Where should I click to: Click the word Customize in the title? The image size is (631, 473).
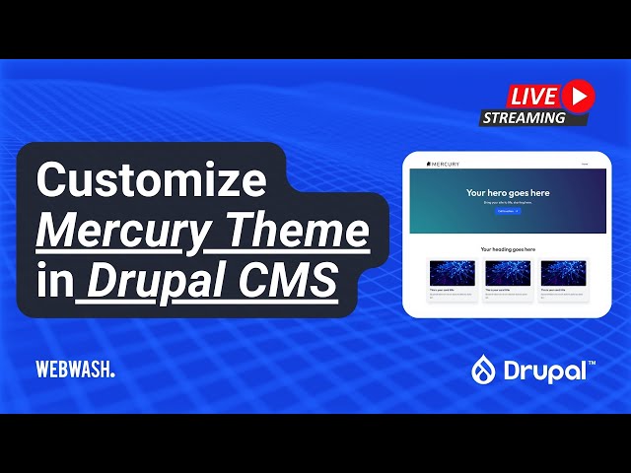tap(152, 182)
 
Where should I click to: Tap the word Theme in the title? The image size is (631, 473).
tap(300, 233)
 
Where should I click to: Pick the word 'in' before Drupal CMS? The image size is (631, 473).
tap(54, 283)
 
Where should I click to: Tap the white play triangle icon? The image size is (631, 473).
tap(579, 95)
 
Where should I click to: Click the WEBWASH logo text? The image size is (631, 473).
tap(75, 370)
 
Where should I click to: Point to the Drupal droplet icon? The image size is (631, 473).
tap(484, 370)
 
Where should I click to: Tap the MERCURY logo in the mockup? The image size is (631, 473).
tap(443, 164)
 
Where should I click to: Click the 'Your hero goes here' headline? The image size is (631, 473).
tap(508, 193)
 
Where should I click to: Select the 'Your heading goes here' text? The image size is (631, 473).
tap(508, 249)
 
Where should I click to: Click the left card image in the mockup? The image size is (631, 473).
tap(452, 272)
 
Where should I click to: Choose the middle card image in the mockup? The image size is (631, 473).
tap(508, 272)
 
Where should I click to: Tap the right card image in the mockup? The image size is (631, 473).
tap(563, 272)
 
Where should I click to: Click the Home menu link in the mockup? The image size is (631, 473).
tap(585, 164)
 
